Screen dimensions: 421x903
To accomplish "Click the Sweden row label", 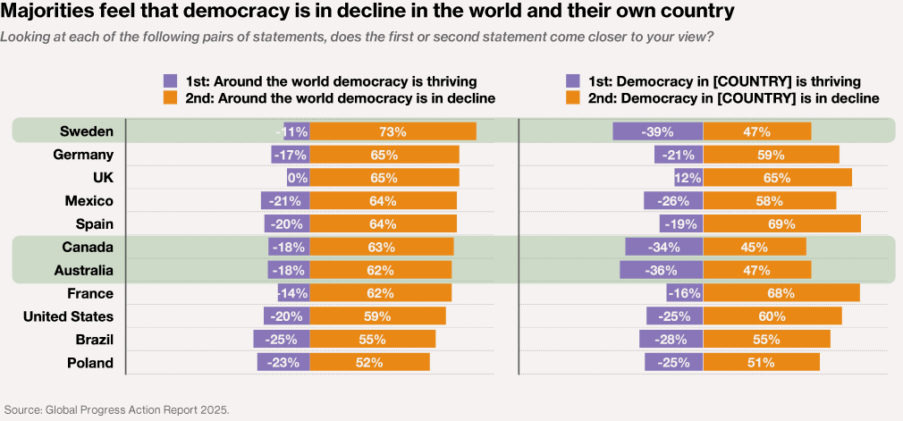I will pos(87,131).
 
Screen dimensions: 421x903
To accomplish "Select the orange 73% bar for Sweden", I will pos(392,131).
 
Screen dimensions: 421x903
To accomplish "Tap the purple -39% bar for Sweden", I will pos(657,131).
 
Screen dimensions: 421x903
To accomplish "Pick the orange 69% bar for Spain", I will pos(781,223).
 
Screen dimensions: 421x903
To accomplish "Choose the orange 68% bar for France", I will pos(781,293).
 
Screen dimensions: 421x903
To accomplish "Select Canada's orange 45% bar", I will pos(755,247).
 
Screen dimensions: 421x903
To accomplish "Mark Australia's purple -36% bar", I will pos(662,270).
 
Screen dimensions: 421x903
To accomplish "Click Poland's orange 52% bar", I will pos(369,363).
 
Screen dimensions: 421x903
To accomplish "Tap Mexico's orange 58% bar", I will pos(769,200).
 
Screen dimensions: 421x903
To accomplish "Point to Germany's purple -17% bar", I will pos(291,155).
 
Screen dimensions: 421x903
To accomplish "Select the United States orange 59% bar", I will pos(377,316).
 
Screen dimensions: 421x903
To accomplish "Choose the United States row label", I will pos(68,316).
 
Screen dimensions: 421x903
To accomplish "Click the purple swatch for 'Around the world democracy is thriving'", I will pos(170,80).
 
